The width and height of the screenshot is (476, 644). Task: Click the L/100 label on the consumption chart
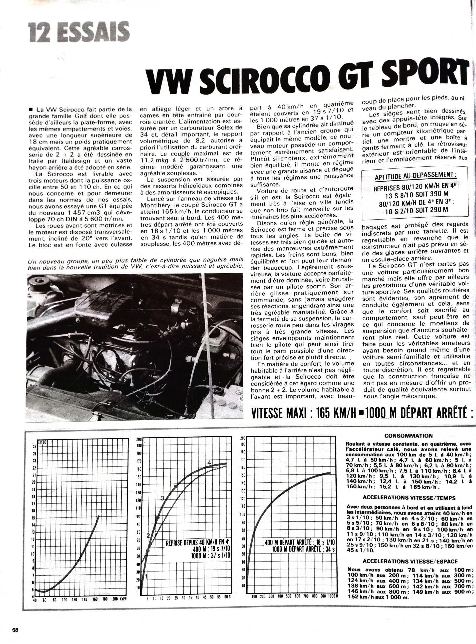click(42, 442)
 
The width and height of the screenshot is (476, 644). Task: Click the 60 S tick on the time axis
click(227, 589)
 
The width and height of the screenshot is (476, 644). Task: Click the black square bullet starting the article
click(31, 110)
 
